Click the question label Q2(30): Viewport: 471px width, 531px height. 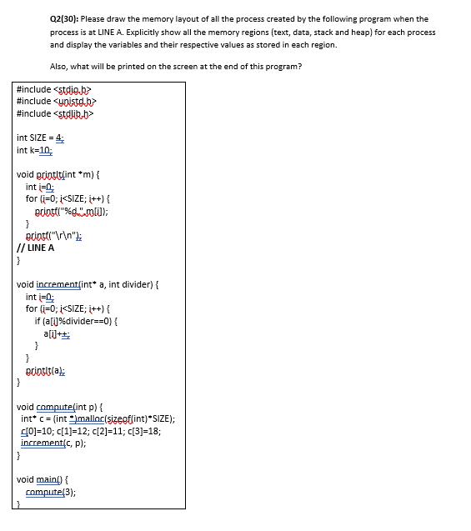click(65, 18)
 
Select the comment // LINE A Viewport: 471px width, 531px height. click(37, 248)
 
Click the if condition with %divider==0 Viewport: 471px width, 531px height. click(82, 321)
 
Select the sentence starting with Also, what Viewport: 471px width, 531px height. click(176, 67)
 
